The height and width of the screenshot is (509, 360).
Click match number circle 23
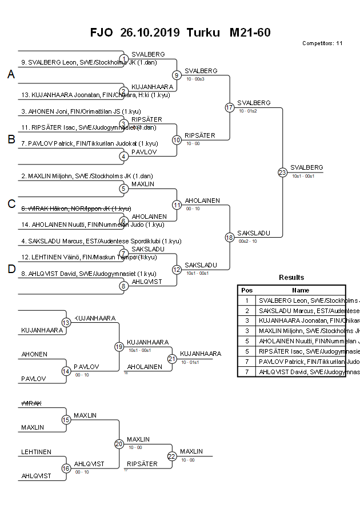pos(282,172)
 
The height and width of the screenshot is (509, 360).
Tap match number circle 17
pos(230,107)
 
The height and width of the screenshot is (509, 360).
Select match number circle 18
pos(230,237)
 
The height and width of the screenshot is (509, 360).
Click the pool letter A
pos(11,75)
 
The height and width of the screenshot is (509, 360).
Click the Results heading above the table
pos(291,278)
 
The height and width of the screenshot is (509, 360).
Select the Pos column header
pos(247,290)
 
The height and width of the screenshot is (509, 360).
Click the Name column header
pos(301,290)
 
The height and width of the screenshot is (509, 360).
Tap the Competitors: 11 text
pos(322,43)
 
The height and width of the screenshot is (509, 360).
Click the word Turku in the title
pos(203,33)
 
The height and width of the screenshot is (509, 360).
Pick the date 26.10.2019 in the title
pos(150,33)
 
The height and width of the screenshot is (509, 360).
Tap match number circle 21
pos(172,359)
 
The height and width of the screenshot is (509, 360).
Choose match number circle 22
pos(172,456)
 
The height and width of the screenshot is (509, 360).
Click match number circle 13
pos(66,323)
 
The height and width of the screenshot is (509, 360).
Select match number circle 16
pos(66,468)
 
